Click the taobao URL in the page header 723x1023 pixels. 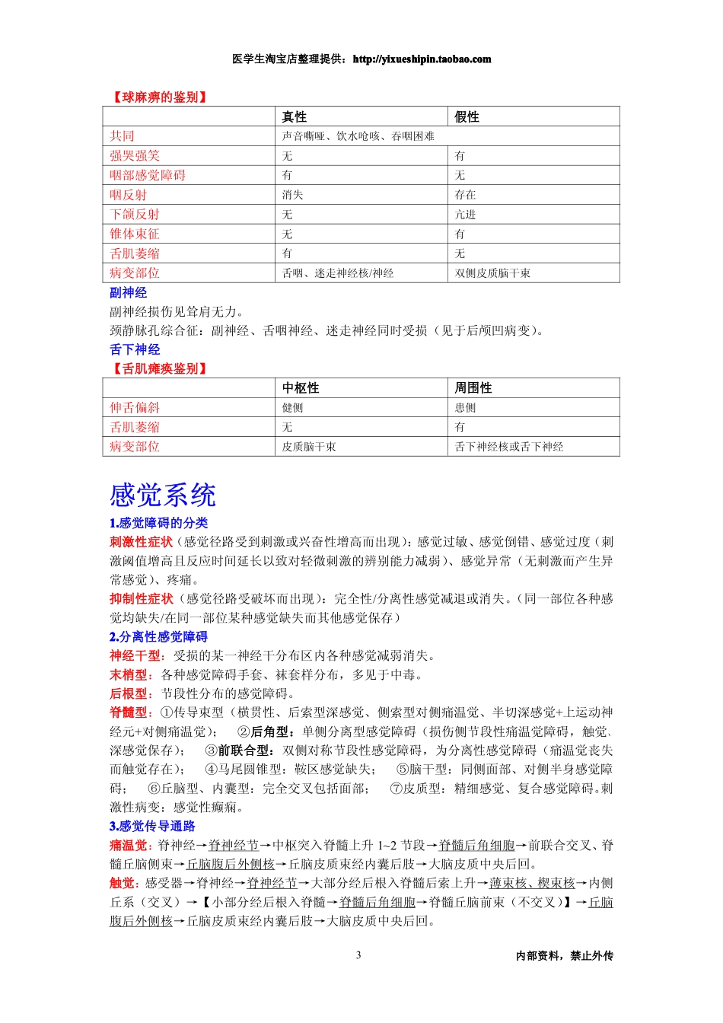coord(422,59)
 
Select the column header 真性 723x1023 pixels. coord(294,116)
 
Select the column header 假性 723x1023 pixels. coord(467,116)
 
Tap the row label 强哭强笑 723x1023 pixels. coord(135,155)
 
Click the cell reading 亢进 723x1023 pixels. coord(465,215)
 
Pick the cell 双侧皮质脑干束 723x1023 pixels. coord(492,273)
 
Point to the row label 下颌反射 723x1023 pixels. coord(135,215)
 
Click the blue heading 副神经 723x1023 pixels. coord(128,292)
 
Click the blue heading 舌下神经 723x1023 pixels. coord(135,349)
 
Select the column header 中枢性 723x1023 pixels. coord(301,387)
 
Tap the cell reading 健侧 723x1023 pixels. coord(292,408)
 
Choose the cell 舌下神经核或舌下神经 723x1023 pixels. coord(509,447)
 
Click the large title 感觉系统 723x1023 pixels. coord(163,495)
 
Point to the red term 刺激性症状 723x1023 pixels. coord(142,542)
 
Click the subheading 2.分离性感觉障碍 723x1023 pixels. coord(158,636)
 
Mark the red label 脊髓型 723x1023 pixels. coord(131,712)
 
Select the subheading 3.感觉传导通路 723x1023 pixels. coord(152,826)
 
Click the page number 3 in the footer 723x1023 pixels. coord(358,955)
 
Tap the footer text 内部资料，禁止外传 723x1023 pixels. coord(564,956)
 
